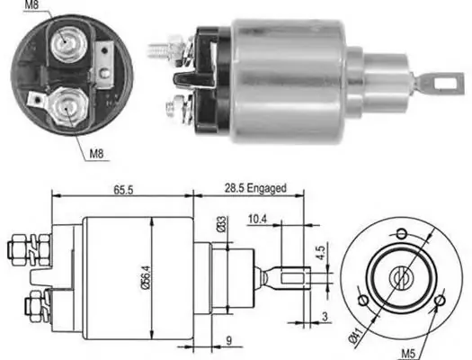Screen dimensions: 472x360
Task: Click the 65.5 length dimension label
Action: point(123,190)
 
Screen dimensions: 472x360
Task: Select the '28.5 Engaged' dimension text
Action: point(255,189)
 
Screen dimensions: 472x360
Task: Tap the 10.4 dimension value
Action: point(257,220)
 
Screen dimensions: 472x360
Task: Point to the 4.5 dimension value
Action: point(321,253)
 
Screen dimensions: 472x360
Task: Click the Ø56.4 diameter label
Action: point(146,278)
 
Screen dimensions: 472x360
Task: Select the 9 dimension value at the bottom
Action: point(228,341)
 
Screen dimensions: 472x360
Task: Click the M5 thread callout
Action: point(408,354)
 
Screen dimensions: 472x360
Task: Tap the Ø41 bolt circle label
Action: point(355,335)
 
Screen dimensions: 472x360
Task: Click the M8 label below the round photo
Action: point(96,154)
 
